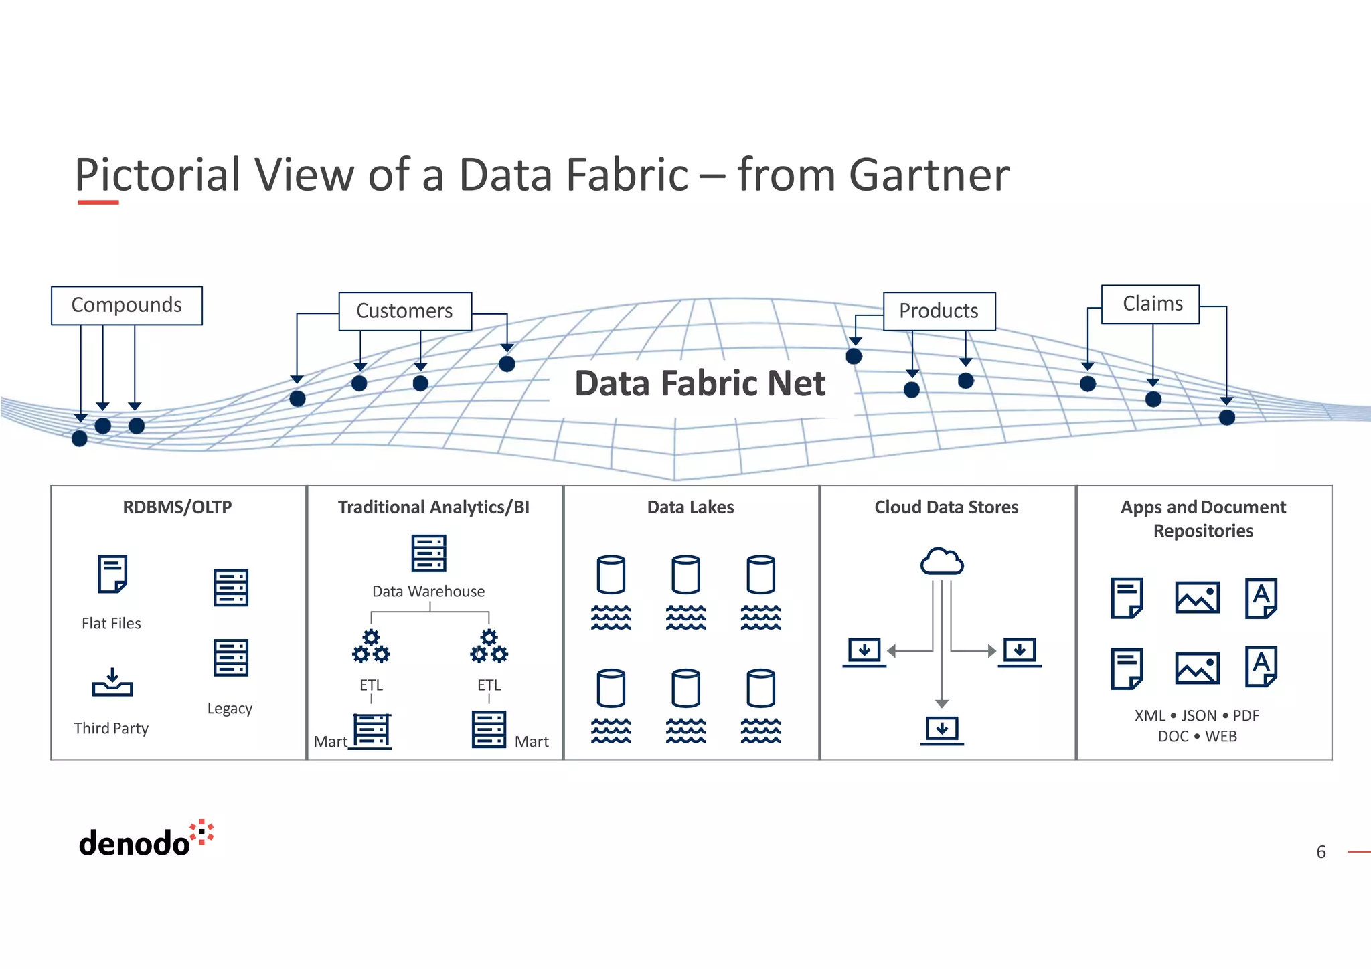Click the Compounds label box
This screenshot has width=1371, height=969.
click(127, 305)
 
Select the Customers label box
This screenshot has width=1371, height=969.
click(405, 311)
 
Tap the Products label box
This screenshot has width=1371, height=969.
click(939, 311)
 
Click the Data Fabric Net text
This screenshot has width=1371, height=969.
click(700, 384)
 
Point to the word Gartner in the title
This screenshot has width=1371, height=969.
click(929, 175)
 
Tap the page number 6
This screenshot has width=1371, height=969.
click(1321, 852)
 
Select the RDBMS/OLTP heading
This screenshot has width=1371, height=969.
click(177, 507)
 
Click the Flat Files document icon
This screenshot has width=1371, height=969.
click(112, 574)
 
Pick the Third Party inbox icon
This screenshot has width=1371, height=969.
click(112, 682)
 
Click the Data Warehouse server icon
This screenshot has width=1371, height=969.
click(428, 553)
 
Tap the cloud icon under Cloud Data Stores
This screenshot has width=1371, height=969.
click(942, 561)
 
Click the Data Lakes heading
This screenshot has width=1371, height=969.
click(690, 507)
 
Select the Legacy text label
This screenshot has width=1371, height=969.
click(230, 708)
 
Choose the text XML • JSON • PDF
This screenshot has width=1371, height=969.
click(1197, 715)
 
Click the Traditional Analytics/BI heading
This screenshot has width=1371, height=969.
click(434, 507)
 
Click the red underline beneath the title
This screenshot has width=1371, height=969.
click(98, 202)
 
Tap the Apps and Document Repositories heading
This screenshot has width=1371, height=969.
click(1203, 519)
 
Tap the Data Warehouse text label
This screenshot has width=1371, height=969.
click(428, 592)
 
